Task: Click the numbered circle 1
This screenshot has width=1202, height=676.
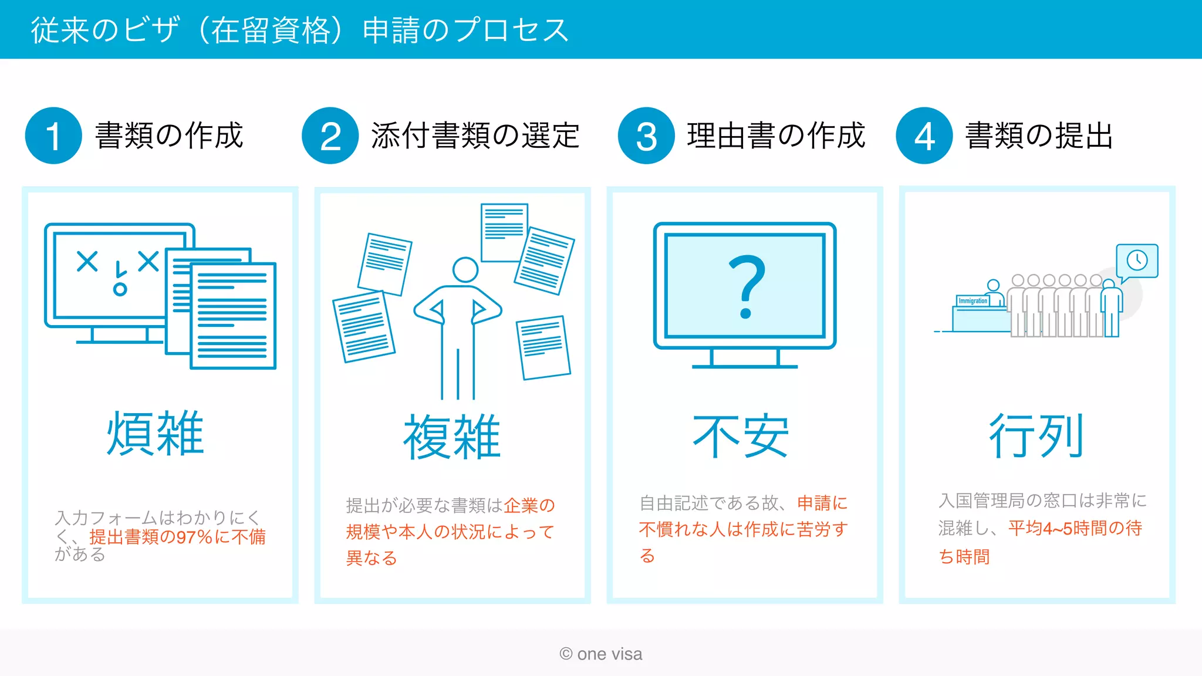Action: [x=53, y=136]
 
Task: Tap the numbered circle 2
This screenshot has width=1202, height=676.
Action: [x=330, y=136]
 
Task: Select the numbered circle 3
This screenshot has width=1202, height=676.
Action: [x=646, y=136]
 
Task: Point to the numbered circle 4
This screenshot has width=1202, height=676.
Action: [x=924, y=136]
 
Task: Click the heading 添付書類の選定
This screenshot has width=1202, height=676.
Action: [x=475, y=136]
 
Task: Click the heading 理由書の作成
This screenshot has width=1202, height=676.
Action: [x=776, y=136]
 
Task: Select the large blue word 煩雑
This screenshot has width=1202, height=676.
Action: [x=155, y=434]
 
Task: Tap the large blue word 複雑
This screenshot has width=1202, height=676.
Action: [x=451, y=437]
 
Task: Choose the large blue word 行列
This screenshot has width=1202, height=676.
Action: [x=1036, y=435]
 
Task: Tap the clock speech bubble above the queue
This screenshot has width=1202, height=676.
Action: [x=1137, y=261]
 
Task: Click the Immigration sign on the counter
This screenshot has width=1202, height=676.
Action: [x=973, y=301]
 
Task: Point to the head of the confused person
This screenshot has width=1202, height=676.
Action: [x=465, y=270]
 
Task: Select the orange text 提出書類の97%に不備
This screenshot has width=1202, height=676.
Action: [x=177, y=537]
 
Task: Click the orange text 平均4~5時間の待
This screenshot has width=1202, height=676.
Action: [x=1075, y=528]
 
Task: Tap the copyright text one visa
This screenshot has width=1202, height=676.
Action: [x=601, y=654]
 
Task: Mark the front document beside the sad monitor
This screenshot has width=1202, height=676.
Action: [x=233, y=316]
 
